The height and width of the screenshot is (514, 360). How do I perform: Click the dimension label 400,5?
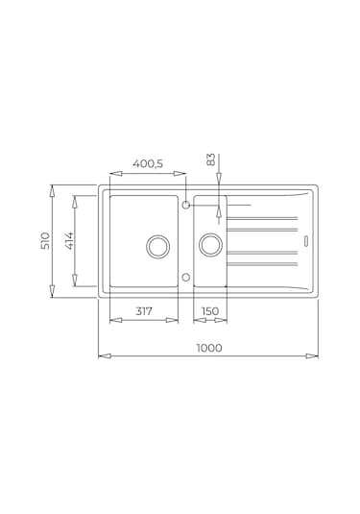tap(147, 164)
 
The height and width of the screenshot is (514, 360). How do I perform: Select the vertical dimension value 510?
tap(45, 240)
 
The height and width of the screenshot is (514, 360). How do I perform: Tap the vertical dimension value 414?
tap(69, 240)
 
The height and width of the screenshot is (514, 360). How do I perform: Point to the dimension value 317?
tap(143, 310)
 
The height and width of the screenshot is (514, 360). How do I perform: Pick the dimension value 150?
tap(211, 310)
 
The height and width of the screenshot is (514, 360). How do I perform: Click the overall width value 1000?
tap(208, 348)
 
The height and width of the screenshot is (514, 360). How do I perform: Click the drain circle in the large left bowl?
tap(156, 246)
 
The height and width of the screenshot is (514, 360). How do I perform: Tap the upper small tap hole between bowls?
tap(186, 205)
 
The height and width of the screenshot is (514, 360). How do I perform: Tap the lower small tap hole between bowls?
tap(186, 277)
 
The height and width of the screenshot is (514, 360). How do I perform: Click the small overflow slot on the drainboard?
tap(306, 240)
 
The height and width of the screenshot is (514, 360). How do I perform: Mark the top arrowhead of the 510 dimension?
tap(53, 189)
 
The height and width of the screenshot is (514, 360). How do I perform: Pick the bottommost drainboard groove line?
tap(261, 263)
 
